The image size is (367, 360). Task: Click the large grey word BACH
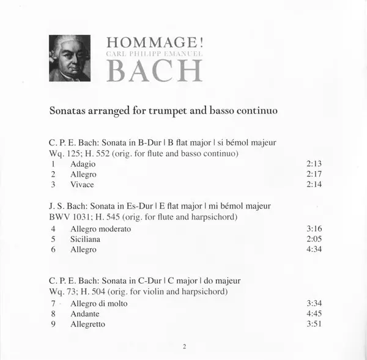[155, 72]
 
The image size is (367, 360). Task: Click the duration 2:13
[313, 164]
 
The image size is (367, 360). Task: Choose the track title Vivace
[82, 185]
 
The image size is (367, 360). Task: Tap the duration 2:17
[313, 174]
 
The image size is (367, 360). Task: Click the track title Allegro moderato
[100, 229]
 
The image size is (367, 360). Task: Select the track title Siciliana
[85, 239]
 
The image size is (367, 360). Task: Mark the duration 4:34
[313, 249]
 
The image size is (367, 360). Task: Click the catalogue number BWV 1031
[67, 216]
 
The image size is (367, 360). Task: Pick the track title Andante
[85, 314]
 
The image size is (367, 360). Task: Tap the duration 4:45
[313, 314]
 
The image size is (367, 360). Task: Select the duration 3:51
[313, 324]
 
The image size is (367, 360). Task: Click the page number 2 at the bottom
[183, 347]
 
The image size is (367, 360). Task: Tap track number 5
[54, 239]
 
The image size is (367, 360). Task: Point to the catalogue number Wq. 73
[62, 292]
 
